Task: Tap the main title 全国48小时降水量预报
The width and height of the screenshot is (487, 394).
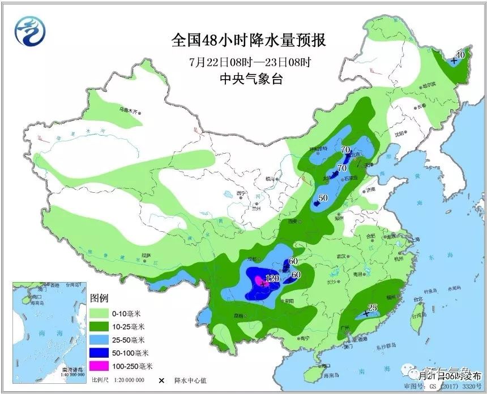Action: click(x=249, y=41)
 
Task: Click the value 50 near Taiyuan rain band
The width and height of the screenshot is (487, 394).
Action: click(x=323, y=198)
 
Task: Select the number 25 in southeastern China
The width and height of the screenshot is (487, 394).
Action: click(x=372, y=308)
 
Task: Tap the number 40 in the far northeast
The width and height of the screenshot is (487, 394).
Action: click(x=460, y=55)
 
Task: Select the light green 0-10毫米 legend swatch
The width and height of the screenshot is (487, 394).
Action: click(x=102, y=313)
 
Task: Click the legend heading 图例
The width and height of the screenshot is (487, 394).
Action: click(x=99, y=298)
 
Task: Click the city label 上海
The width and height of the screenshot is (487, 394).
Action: click(x=416, y=240)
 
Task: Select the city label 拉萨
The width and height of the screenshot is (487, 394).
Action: click(x=147, y=256)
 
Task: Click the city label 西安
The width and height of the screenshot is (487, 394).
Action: click(x=292, y=222)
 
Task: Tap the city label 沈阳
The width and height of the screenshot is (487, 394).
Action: click(x=401, y=133)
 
